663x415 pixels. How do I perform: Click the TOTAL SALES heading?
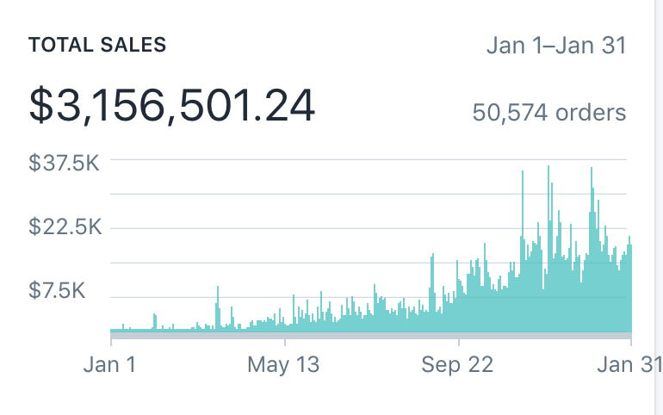98,46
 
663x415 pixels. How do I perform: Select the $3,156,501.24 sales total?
172,105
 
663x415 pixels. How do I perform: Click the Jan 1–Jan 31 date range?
556,45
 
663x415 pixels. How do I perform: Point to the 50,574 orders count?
548,112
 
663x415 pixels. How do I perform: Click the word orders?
590,112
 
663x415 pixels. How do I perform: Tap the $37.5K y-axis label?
65,162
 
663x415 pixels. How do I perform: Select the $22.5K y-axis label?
65,227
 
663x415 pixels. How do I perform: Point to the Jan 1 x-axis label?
109,364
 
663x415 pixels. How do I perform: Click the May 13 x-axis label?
283,364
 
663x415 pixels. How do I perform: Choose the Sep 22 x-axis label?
457,364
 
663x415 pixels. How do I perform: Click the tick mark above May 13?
284,343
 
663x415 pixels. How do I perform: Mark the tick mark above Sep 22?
458,343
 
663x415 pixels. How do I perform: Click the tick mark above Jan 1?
110,343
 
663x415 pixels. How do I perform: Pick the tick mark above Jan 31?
631,343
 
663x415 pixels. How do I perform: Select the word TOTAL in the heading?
59,46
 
